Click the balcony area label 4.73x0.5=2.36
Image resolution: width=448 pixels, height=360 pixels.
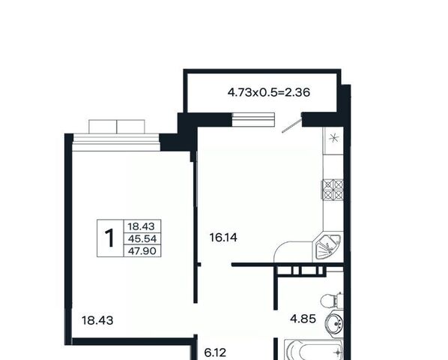(x=269, y=93)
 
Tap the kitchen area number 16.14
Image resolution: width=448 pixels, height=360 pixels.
(x=223, y=238)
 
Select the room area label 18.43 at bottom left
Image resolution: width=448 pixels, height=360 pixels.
(x=97, y=320)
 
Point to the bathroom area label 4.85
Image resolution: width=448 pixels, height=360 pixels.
(x=303, y=319)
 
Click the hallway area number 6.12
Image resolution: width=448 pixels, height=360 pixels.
(x=215, y=352)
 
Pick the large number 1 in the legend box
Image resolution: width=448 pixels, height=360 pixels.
(x=109, y=238)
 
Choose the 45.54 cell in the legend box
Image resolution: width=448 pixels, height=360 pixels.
(x=142, y=238)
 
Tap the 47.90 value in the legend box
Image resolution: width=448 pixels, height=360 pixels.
(x=142, y=251)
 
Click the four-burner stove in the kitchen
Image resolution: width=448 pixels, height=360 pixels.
(x=333, y=190)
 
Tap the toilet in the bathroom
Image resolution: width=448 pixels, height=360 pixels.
(x=332, y=301)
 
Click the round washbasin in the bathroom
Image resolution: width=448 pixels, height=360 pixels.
(x=334, y=323)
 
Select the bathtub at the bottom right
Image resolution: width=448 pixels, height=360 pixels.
(x=315, y=349)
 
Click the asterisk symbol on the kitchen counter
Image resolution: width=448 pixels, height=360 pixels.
(x=333, y=138)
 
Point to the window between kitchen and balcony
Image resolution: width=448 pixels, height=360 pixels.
(x=253, y=119)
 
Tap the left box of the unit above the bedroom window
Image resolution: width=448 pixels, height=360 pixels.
(x=103, y=127)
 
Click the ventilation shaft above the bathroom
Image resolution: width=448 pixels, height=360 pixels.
(x=300, y=270)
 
